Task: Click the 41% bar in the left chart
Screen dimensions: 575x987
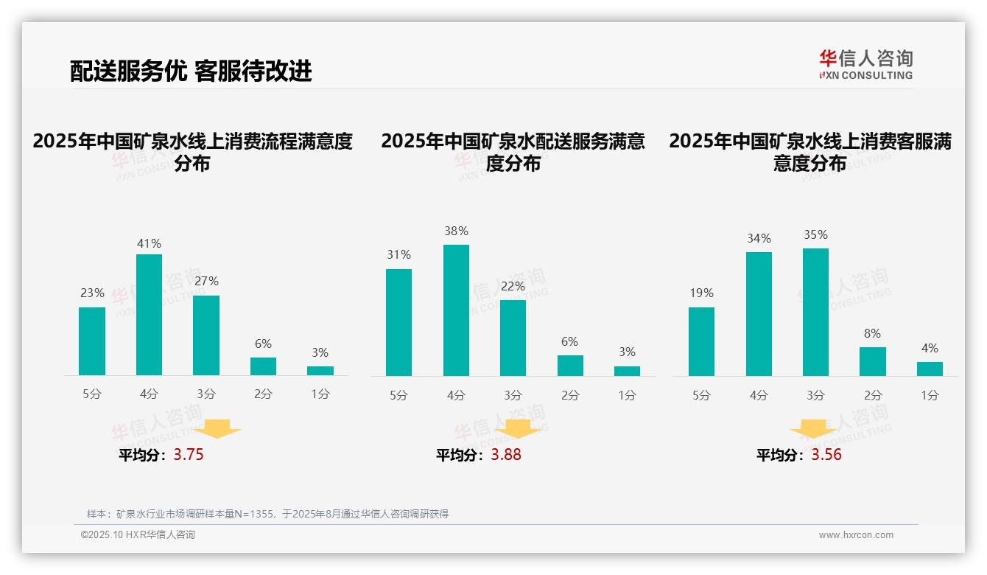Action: [149, 315]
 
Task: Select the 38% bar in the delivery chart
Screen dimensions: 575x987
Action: [456, 310]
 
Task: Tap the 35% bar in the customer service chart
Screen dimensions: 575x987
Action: [815, 312]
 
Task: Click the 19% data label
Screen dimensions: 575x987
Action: [701, 293]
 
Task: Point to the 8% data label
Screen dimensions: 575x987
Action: [872, 333]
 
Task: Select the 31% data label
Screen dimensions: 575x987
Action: [398, 254]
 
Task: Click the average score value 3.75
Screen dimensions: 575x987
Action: [189, 455]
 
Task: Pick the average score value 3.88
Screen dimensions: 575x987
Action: [506, 455]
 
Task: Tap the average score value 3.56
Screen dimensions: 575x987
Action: [826, 455]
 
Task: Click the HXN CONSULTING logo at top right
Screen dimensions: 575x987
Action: [865, 64]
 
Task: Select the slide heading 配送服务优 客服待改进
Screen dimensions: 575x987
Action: [191, 71]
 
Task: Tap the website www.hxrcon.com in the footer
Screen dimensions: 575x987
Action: [856, 535]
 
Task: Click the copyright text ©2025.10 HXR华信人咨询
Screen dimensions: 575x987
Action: [138, 535]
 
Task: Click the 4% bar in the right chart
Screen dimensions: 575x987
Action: [930, 369]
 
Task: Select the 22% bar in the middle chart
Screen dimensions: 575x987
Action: [513, 338]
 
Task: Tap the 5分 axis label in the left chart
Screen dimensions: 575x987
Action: [92, 394]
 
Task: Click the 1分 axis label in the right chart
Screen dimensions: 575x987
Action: [930, 396]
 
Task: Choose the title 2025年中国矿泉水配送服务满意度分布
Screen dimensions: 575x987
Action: [513, 152]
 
